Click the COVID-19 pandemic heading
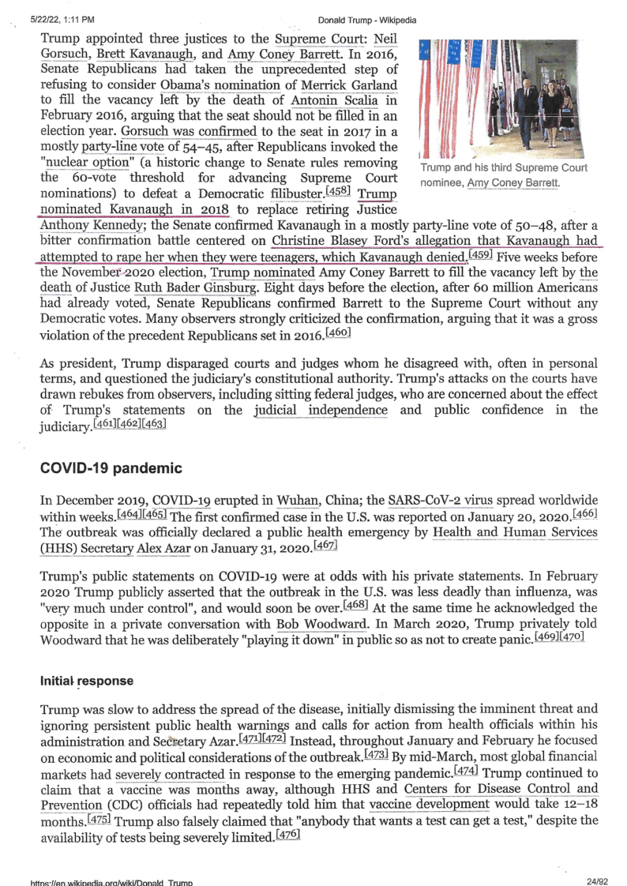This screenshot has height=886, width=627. [111, 468]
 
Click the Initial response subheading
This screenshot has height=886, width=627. [87, 680]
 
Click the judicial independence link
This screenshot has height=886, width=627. [321, 410]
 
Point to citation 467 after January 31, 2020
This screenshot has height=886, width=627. [328, 546]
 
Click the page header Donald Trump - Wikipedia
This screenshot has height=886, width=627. [367, 20]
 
